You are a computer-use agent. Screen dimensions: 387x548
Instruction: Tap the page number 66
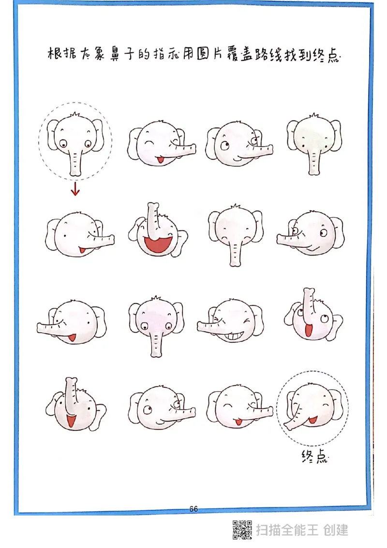click(193, 509)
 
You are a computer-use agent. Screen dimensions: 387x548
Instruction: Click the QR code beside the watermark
click(242, 530)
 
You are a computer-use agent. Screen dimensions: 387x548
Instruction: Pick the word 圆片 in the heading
click(209, 55)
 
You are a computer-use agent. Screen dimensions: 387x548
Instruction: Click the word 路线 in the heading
click(268, 55)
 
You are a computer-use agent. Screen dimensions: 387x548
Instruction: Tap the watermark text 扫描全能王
click(287, 530)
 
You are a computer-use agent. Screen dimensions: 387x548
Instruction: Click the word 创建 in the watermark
click(336, 530)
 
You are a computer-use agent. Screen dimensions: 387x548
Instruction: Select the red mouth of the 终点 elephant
click(312, 420)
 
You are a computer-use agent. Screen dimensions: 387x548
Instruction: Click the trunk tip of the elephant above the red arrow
click(75, 173)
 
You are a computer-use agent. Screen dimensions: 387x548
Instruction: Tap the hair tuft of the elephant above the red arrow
click(75, 115)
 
